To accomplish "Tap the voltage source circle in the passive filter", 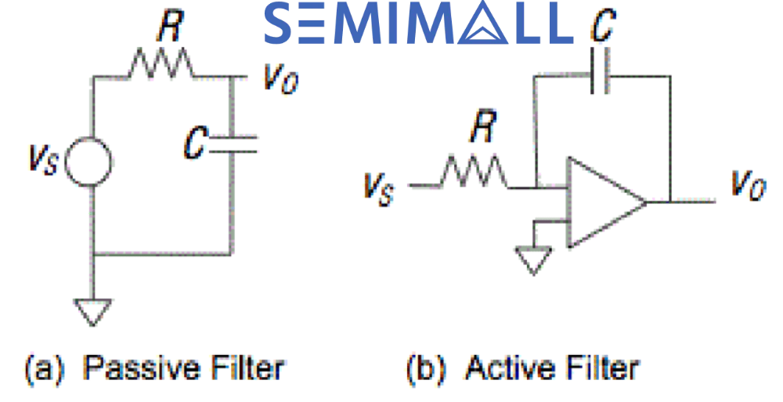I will (93, 162).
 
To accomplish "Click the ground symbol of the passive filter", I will (93, 311).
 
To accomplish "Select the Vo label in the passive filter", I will (280, 80).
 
